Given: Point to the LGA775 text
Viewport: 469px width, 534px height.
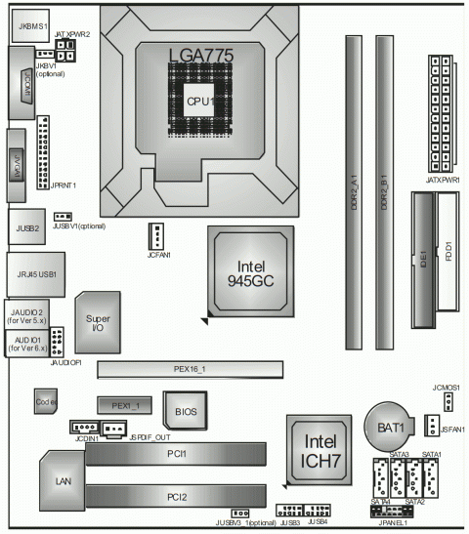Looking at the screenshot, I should pyautogui.click(x=200, y=56).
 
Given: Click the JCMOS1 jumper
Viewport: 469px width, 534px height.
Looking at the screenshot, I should pyautogui.click(x=444, y=400).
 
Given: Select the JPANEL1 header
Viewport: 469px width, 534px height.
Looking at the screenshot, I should pyautogui.click(x=391, y=511).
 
